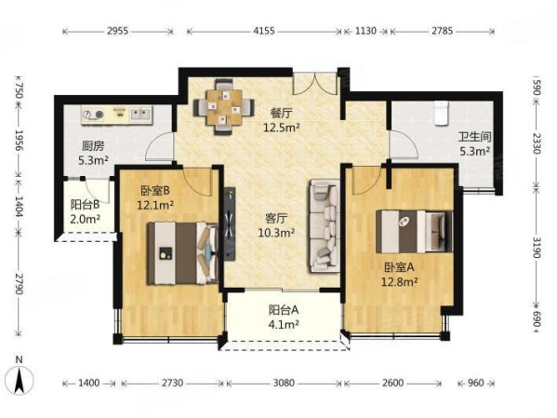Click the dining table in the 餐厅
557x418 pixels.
pyautogui.click(x=224, y=107)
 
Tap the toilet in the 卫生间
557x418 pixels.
pyautogui.click(x=441, y=114)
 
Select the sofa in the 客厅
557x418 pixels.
pyautogui.click(x=325, y=226)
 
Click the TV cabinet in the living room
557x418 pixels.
pyautogui.click(x=230, y=224)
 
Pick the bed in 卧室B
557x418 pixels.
pyautogui.click(x=182, y=253)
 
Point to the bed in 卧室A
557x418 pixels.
pyautogui.click(x=415, y=231)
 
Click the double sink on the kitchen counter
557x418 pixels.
pyautogui.click(x=141, y=114)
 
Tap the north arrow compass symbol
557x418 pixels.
pyautogui.click(x=20, y=380)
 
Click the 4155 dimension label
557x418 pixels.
pyautogui.click(x=264, y=31)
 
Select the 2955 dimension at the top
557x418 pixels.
pyautogui.click(x=117, y=31)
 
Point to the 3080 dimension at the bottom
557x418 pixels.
pyautogui.click(x=284, y=383)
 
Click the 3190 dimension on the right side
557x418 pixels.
pyautogui.click(x=537, y=246)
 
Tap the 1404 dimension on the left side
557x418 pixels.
pyautogui.click(x=20, y=207)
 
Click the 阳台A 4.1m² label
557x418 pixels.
pyautogui.click(x=284, y=317)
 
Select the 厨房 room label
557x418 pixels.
pyautogui.click(x=93, y=146)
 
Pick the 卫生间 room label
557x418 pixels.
pyautogui.click(x=474, y=137)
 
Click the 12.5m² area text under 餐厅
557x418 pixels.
pyautogui.click(x=282, y=128)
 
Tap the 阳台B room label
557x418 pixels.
pyautogui.click(x=85, y=205)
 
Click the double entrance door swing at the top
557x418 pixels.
pyautogui.click(x=314, y=84)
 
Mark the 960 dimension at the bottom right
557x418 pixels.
pyautogui.click(x=476, y=383)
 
